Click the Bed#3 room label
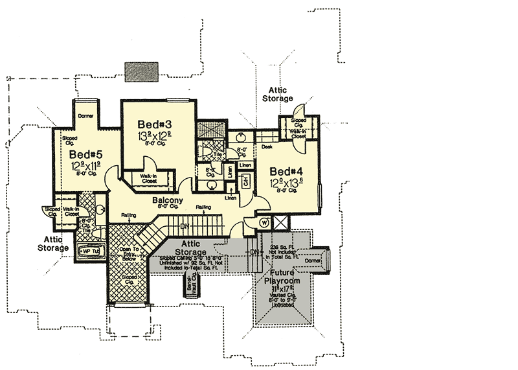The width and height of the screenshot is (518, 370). pos(153,124)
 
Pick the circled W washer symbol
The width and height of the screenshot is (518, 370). pos(264,222)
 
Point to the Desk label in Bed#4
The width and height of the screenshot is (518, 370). pos(266,146)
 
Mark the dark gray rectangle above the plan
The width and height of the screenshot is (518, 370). pos(141,71)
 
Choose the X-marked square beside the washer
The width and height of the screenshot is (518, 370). pos(282,222)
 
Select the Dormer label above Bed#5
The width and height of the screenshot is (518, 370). pos(86,116)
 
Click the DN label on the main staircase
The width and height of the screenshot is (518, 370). pos(185,225)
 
